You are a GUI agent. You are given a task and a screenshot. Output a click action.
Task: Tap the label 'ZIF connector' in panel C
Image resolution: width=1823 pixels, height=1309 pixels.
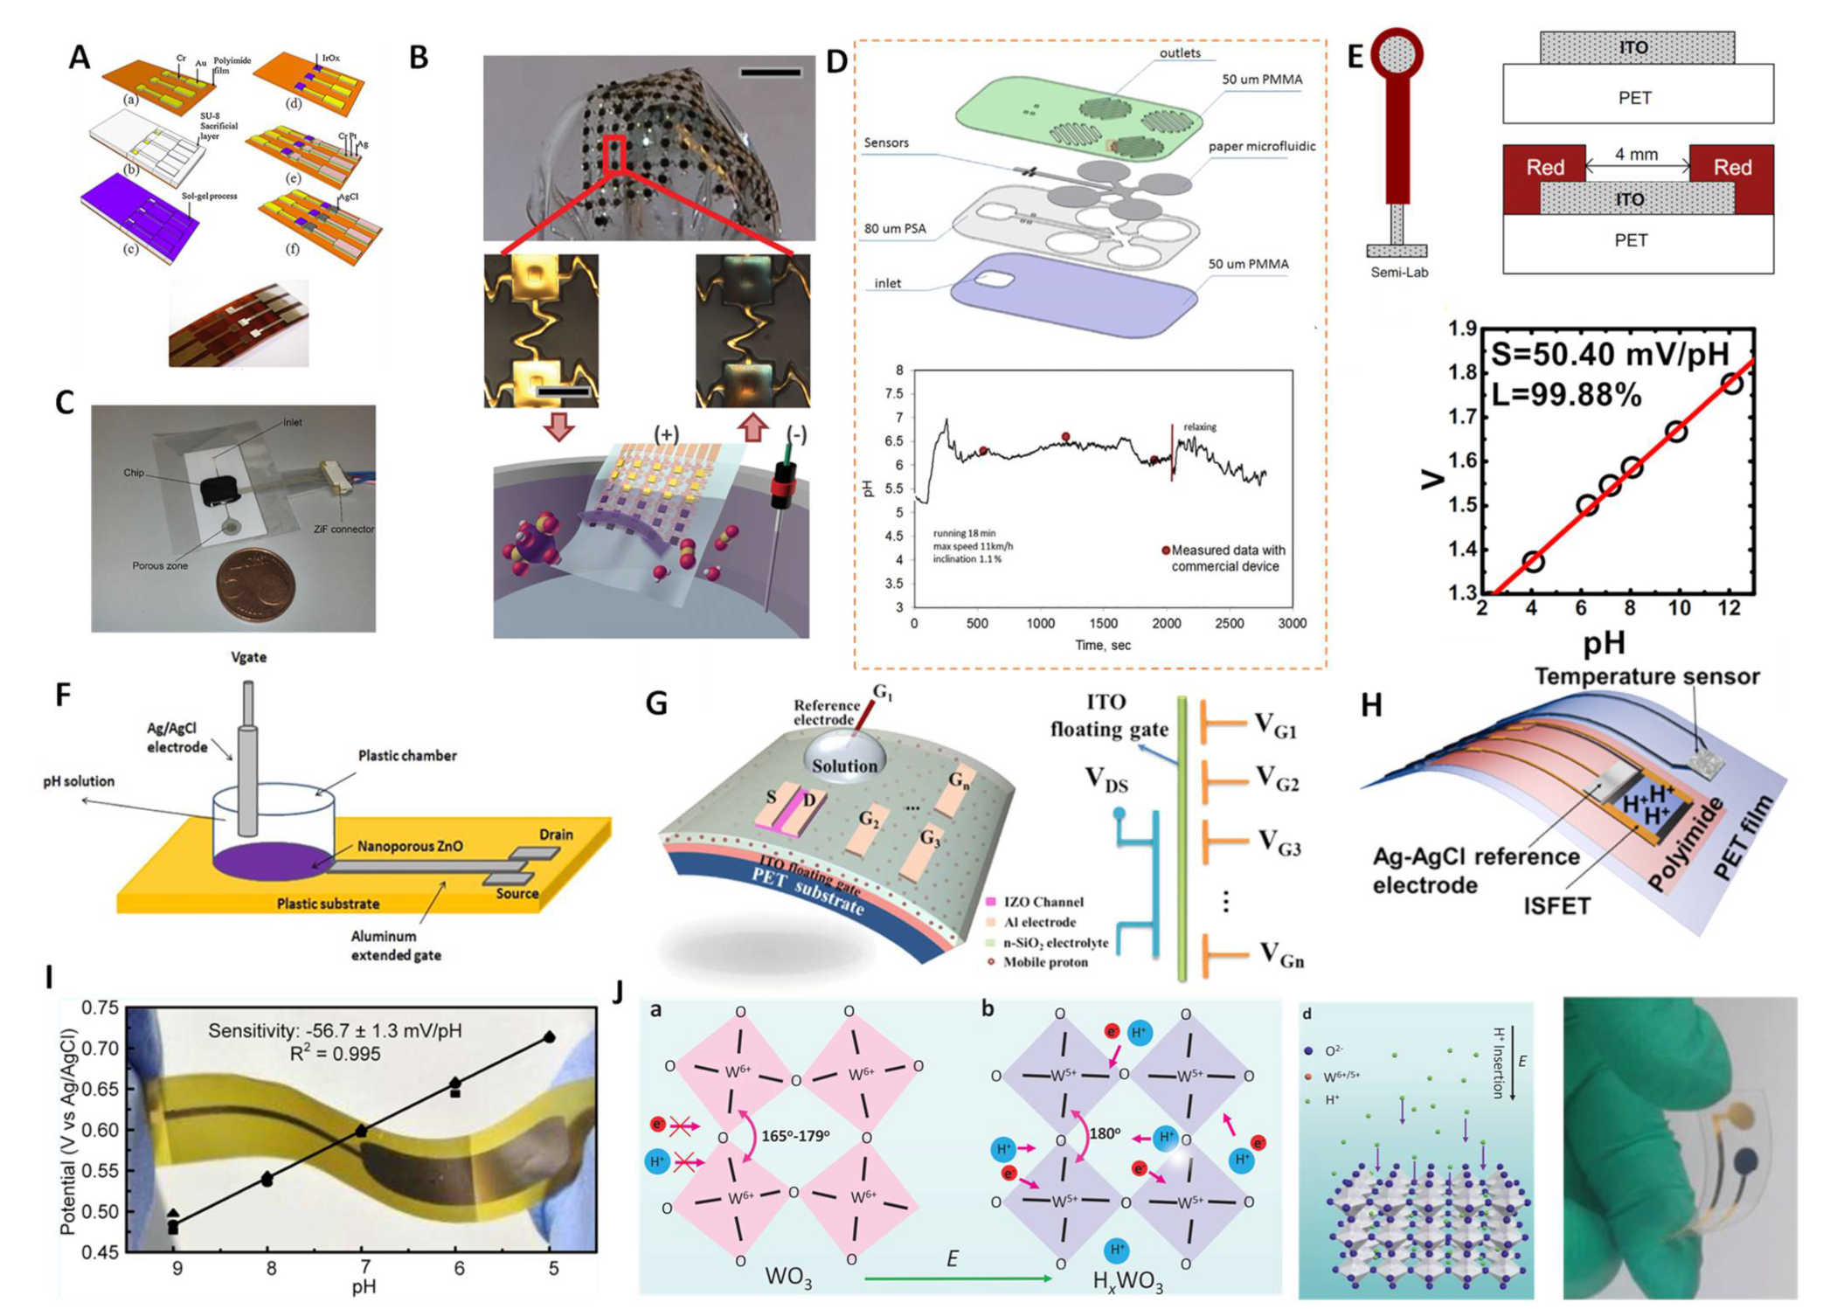(343, 529)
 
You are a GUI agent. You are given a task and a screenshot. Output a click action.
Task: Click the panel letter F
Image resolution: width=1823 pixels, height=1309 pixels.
(63, 695)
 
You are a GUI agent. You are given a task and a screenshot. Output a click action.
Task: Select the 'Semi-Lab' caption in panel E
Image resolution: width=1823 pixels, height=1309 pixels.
(1398, 272)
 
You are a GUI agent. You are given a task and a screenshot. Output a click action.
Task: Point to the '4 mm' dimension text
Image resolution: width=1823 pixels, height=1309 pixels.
(1636, 155)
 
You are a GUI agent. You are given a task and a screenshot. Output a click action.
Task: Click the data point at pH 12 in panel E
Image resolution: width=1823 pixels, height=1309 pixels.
(1731, 383)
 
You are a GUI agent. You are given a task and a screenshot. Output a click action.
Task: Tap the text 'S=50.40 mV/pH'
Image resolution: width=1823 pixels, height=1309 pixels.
(1609, 353)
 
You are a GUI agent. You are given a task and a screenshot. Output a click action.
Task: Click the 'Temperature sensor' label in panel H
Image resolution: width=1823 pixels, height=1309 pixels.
(1646, 676)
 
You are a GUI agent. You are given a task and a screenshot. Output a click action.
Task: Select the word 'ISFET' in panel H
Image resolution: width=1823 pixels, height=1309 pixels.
(1556, 905)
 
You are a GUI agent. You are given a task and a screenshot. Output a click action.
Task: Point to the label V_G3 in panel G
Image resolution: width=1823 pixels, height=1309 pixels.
(1279, 842)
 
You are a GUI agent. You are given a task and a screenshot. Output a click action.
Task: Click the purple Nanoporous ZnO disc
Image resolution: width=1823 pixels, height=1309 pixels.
(271, 862)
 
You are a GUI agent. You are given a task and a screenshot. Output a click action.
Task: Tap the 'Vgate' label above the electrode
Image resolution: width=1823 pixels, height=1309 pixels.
(248, 657)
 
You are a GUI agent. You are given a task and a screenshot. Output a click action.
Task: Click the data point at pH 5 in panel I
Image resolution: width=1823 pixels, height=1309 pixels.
(550, 1037)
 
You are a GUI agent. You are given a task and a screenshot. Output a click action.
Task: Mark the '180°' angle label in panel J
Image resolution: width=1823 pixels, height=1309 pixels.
(1105, 1132)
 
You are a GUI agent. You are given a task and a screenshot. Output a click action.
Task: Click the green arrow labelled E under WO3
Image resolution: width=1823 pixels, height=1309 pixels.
(957, 1278)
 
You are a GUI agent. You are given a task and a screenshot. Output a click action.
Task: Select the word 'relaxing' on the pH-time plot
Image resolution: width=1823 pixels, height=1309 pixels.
(1199, 426)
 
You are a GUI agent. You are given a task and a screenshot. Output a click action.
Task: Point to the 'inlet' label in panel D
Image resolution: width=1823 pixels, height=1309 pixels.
(887, 283)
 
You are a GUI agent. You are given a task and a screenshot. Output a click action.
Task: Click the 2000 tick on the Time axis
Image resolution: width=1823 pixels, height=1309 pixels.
(1166, 623)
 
